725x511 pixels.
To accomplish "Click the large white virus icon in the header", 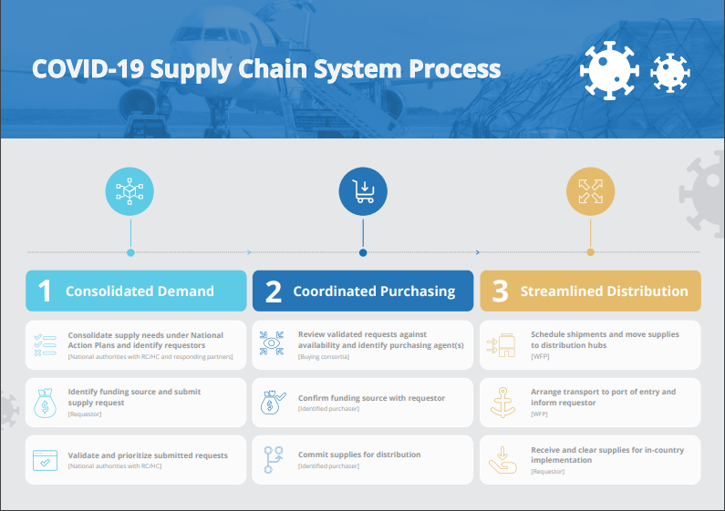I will pos(608,70).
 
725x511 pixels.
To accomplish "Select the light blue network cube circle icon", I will pos(130,191).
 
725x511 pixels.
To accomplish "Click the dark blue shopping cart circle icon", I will pos(363,191).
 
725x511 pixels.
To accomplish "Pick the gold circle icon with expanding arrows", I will pos(590,191).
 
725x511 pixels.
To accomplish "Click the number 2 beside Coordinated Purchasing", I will pos(273,291).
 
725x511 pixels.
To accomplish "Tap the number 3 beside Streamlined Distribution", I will pos(500,291).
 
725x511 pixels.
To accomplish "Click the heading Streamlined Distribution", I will pos(604,291).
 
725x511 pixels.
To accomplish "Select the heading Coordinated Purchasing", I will pos(374,291).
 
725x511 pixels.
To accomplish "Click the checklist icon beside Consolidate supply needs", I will pos(45,344).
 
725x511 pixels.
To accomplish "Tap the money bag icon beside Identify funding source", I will pos(45,402).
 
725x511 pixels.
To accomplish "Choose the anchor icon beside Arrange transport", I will pos(502,402).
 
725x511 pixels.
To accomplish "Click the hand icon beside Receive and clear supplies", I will pos(502,459).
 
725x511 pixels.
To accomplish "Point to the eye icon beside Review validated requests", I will pos(273,344).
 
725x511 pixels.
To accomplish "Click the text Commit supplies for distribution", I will pos(359,454).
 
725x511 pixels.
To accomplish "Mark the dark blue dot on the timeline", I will pos(363,252).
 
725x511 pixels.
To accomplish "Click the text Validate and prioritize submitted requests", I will pos(148,455).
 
